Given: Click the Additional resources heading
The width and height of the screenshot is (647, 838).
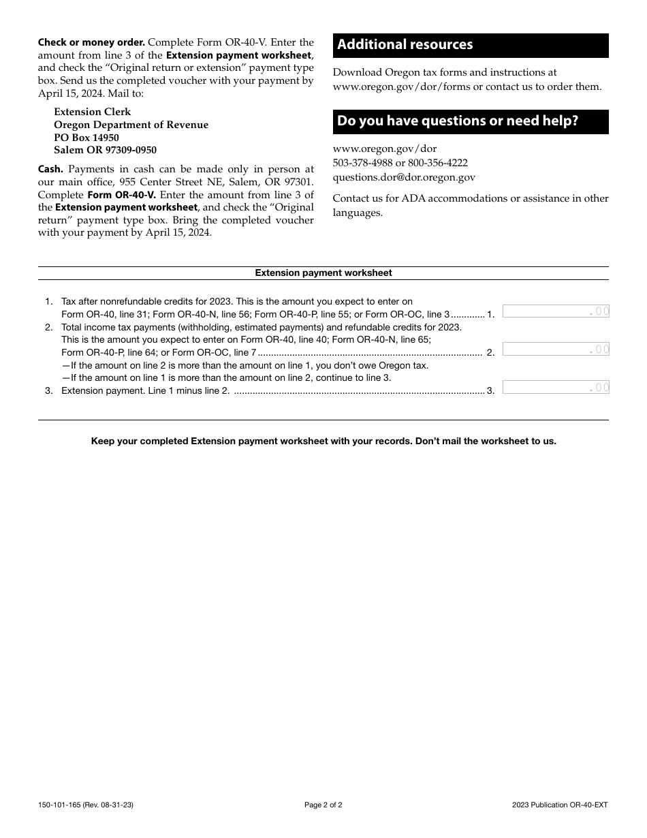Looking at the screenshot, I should click(405, 45).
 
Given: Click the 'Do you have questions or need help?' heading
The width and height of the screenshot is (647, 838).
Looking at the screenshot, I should click(458, 121).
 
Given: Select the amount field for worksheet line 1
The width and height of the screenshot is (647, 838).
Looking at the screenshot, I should click(555, 311).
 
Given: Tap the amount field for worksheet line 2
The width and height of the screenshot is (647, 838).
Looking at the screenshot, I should click(555, 350).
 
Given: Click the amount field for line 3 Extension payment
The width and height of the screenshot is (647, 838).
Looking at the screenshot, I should click(555, 388).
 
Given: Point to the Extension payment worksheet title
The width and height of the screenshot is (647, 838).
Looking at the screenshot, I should click(323, 273).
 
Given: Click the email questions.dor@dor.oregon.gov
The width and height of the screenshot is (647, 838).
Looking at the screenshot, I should click(404, 177).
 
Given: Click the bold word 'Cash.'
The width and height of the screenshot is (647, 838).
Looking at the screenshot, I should click(51, 169).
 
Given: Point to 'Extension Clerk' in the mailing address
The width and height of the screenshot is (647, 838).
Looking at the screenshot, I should click(93, 112).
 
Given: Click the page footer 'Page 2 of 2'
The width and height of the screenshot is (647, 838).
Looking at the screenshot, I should click(323, 805).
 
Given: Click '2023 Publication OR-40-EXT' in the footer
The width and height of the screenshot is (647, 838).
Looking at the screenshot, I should click(560, 805).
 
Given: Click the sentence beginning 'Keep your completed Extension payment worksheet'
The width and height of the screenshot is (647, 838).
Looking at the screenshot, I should click(323, 441).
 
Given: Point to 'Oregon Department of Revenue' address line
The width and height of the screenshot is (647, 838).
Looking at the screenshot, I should click(131, 125).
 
